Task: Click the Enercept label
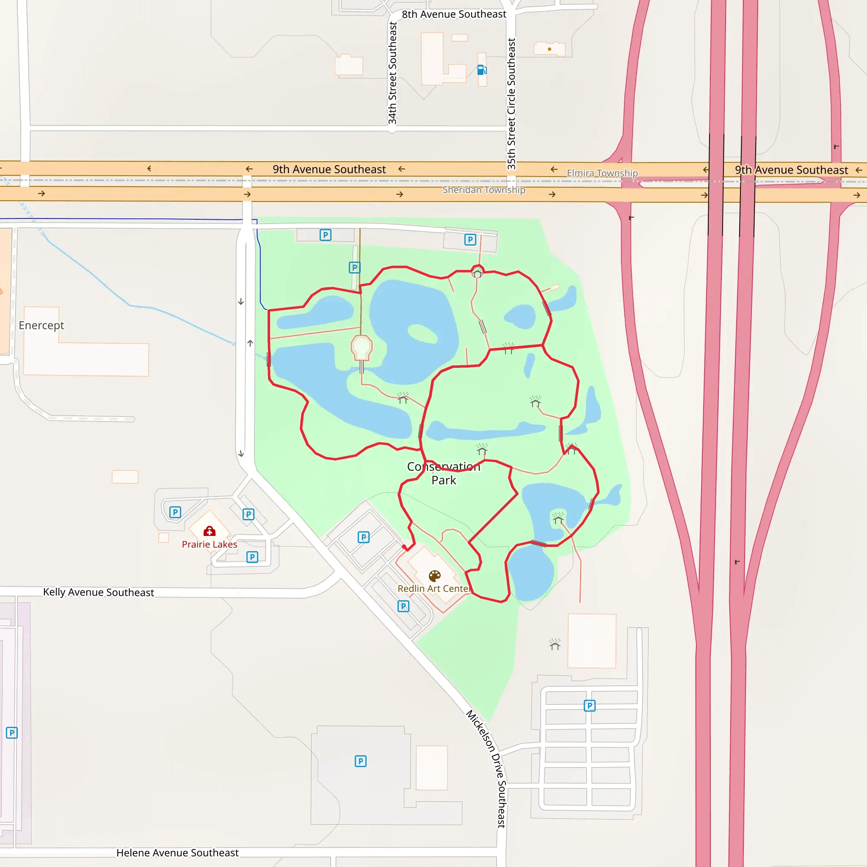click(41, 326)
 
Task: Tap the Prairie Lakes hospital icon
click(210, 531)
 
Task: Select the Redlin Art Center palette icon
click(434, 576)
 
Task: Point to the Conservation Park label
click(443, 473)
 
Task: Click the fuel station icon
click(481, 70)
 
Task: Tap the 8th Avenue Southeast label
click(454, 14)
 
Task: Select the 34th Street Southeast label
click(393, 73)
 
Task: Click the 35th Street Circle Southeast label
click(511, 104)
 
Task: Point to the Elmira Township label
click(602, 173)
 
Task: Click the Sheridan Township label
click(484, 190)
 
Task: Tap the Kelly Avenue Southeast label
click(98, 592)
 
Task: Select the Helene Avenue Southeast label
click(177, 853)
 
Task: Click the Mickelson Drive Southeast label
click(487, 768)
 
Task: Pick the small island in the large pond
click(422, 334)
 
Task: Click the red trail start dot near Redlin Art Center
click(404, 547)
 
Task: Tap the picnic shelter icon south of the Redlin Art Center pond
click(555, 645)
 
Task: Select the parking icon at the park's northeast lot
click(470, 240)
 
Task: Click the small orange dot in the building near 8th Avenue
click(549, 50)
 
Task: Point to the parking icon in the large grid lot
click(589, 706)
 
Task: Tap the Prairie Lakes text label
click(210, 544)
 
